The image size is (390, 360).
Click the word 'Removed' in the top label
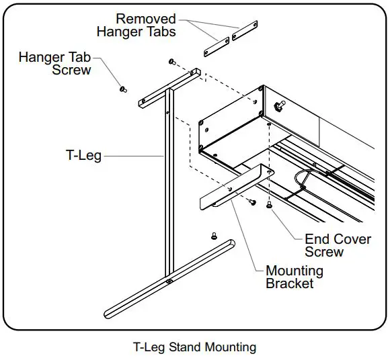pos(146,19)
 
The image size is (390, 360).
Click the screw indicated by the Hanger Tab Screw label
pos(122,89)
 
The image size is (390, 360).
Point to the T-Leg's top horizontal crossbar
pos(169,86)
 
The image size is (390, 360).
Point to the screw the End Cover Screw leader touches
pos(270,205)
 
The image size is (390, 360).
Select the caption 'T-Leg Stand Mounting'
pos(195,347)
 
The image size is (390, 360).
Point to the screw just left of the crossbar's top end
pos(172,62)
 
